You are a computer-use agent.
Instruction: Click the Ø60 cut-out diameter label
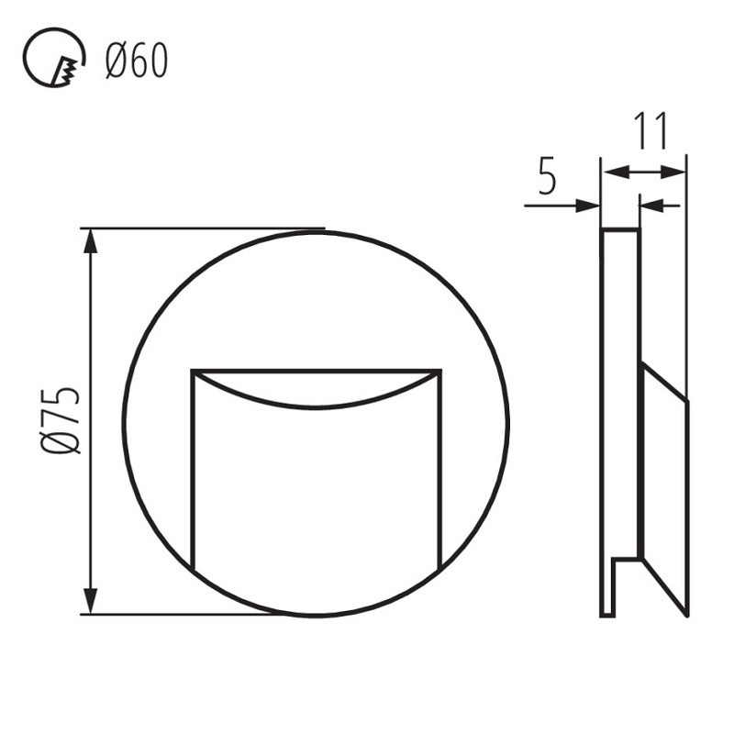(x=137, y=62)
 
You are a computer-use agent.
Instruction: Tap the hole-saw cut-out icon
(x=52, y=61)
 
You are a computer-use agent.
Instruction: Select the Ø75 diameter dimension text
(x=63, y=421)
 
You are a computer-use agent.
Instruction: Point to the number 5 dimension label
(x=547, y=177)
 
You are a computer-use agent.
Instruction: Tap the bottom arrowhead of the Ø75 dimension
(x=90, y=604)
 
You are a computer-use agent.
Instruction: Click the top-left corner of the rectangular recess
(x=193, y=372)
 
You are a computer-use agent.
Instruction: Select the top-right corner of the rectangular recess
(x=440, y=372)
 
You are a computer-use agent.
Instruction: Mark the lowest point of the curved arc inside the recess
(x=317, y=407)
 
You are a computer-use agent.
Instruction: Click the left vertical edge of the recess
(x=193, y=468)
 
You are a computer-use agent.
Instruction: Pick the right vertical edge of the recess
(x=440, y=468)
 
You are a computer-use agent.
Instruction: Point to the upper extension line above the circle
(x=202, y=228)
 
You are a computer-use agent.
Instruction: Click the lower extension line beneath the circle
(x=183, y=615)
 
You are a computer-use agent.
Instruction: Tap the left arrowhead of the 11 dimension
(x=611, y=172)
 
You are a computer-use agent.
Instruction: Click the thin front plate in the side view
(x=607, y=413)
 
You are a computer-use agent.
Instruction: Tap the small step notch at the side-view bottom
(x=626, y=560)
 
